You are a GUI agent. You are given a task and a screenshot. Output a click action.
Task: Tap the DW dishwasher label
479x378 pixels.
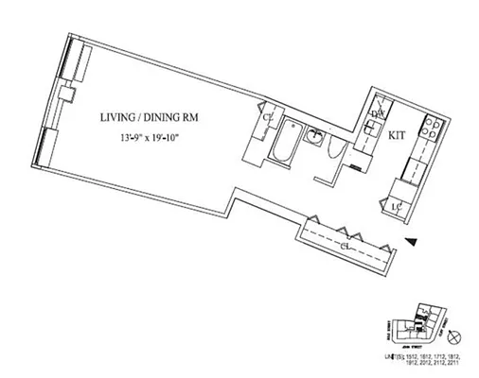pos(377,115)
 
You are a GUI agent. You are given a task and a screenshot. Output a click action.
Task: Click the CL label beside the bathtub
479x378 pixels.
pos(269,117)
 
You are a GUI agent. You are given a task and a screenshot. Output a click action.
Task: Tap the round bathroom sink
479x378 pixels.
pos(311,137)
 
